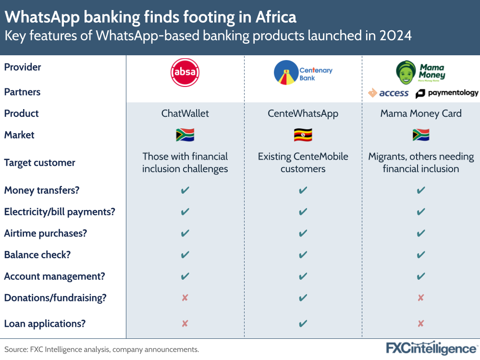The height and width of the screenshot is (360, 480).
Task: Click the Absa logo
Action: tap(185, 73)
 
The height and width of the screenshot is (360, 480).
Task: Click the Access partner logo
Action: tap(388, 93)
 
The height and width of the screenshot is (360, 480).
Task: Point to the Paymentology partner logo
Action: tap(447, 93)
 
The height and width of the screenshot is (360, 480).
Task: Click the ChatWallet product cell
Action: tap(185, 113)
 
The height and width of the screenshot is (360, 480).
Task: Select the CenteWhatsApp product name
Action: tap(303, 113)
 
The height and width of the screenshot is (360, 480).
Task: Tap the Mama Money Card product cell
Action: tap(421, 113)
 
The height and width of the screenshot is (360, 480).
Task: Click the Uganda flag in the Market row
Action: tap(303, 135)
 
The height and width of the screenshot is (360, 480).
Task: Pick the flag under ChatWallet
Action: tap(185, 135)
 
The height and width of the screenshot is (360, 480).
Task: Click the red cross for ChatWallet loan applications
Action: tap(185, 323)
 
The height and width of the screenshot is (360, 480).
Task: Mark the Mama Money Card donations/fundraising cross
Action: tap(421, 298)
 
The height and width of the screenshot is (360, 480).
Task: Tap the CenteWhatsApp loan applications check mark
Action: tap(303, 323)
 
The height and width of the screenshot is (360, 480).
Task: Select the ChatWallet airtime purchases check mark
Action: tap(185, 234)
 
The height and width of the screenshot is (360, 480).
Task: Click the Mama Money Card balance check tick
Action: tap(421, 255)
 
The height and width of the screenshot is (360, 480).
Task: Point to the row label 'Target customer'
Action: tap(40, 162)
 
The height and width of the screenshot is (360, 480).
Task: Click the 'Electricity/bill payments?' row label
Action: tap(60, 211)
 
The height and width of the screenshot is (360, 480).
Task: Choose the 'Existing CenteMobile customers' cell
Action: tap(303, 162)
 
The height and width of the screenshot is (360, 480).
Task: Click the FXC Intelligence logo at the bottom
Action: tap(431, 348)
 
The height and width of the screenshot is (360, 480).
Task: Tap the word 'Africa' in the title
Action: tap(276, 17)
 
